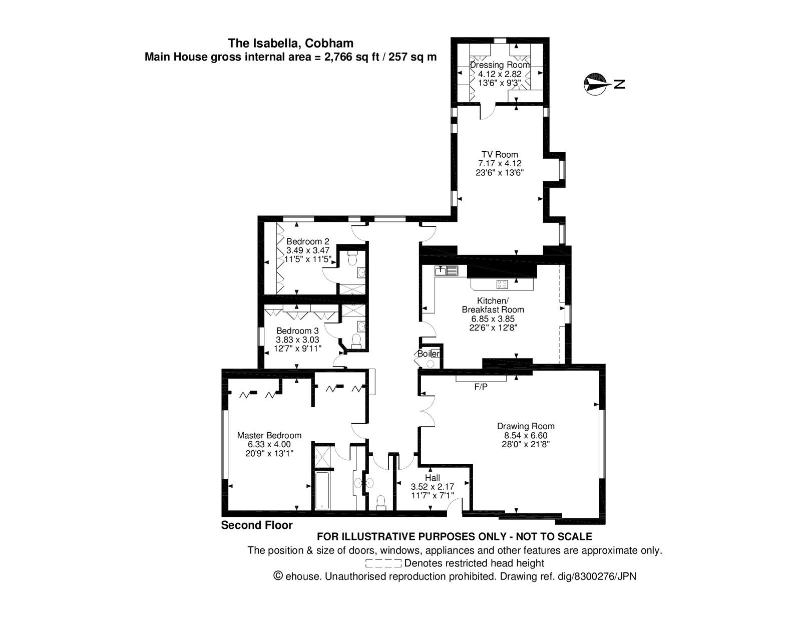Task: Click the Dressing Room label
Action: (x=500, y=65)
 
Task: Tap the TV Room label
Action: (x=500, y=154)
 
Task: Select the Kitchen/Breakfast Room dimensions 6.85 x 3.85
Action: (x=493, y=319)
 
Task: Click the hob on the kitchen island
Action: (x=502, y=284)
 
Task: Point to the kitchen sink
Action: (x=447, y=270)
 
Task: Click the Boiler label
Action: (x=429, y=354)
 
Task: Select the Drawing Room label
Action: (x=526, y=426)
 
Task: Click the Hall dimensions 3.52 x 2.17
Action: (x=432, y=486)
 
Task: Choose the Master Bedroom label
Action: (x=269, y=435)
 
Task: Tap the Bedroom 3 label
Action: (x=297, y=331)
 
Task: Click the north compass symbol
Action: (x=596, y=84)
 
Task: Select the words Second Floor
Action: (x=257, y=525)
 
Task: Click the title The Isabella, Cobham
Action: (x=291, y=43)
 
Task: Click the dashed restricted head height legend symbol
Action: (x=383, y=563)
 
